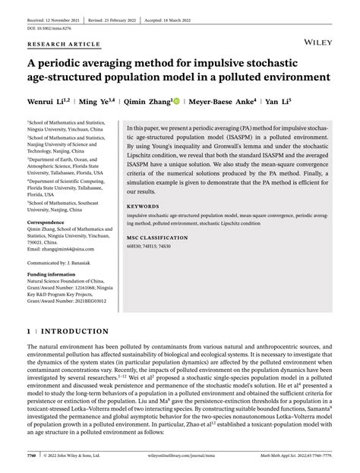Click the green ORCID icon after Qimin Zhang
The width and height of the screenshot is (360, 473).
(174, 99)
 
